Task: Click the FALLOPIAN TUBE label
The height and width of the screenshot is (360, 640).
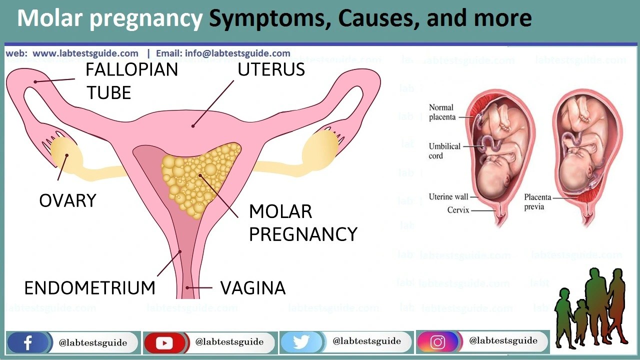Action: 131,81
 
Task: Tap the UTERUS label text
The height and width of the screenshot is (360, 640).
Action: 271,69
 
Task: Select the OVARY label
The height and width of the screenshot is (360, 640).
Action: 67,200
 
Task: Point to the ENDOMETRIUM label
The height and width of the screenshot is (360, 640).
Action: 90,288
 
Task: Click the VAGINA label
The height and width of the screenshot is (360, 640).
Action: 253,288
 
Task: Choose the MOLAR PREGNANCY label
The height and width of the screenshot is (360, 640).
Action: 302,223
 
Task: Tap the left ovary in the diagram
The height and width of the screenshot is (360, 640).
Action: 66,152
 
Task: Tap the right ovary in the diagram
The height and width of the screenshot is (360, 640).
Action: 320,148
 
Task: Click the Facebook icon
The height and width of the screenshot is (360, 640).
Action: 28,342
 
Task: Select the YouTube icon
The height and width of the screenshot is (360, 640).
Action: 164,342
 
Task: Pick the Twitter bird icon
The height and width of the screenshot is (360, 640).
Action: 301,342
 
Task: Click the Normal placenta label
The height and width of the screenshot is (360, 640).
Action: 442,112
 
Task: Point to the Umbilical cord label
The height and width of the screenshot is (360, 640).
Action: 444,151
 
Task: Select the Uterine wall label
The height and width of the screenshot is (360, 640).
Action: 448,197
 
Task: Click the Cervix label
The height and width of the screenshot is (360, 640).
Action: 458,210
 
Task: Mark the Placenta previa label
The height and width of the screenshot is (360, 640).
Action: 537,201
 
